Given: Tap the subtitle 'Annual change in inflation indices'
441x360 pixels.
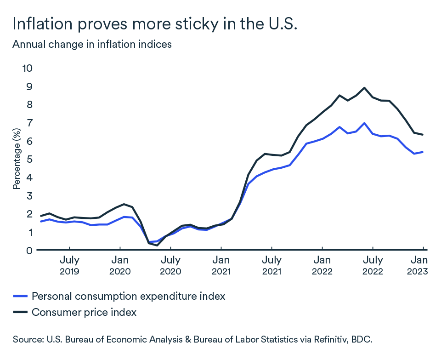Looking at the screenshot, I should (x=92, y=45).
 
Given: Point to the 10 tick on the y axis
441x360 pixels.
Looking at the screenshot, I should (x=28, y=68).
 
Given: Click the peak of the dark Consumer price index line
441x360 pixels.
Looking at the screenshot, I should (x=364, y=88).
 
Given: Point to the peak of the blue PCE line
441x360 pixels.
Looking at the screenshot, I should (x=364, y=123).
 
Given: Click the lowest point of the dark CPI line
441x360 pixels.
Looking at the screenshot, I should (x=157, y=246).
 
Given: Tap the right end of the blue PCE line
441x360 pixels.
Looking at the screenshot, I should (x=423, y=152).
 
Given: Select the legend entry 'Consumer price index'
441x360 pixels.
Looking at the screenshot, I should (x=84, y=312).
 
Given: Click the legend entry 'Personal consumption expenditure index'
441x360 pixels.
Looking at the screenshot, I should (x=128, y=296).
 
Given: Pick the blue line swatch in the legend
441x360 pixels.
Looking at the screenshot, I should (x=20, y=297).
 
